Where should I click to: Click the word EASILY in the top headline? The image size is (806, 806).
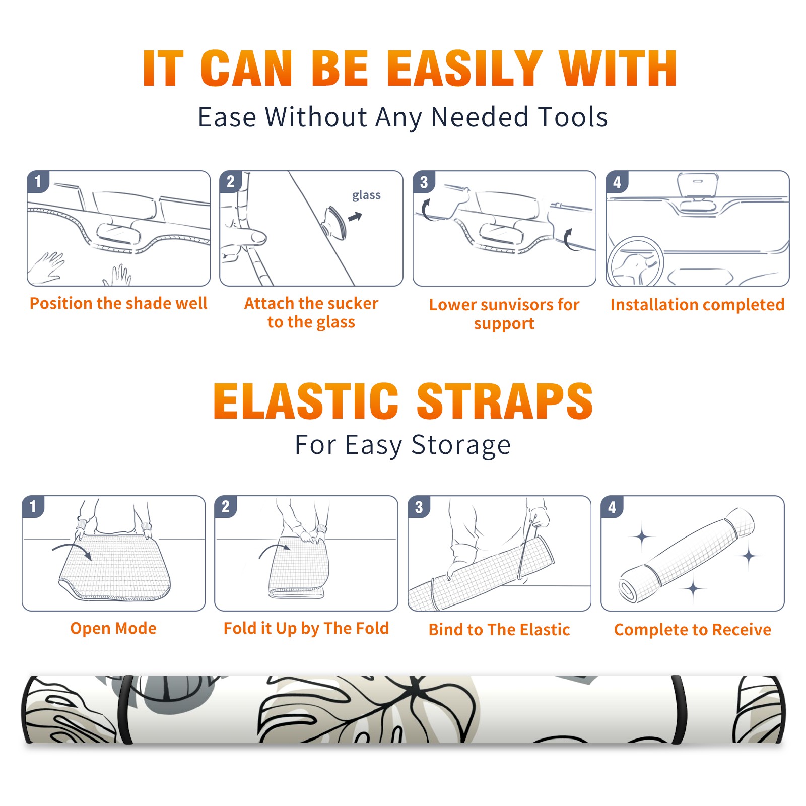coord(464,68)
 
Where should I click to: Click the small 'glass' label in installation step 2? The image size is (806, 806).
coord(366,195)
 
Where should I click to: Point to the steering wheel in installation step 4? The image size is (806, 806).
coord(635,261)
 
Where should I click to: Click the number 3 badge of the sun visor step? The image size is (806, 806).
coord(424,182)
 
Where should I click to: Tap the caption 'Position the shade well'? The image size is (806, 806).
coord(118,303)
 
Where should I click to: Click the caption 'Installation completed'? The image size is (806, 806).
coord(697,305)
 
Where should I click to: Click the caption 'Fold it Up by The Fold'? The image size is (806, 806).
coord(306,629)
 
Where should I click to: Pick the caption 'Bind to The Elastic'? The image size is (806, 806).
coord(499,630)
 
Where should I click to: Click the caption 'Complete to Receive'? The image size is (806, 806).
coord(693,630)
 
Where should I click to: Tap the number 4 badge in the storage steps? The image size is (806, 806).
coord(612,507)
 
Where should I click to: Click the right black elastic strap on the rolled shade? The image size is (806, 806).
coord(680,709)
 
